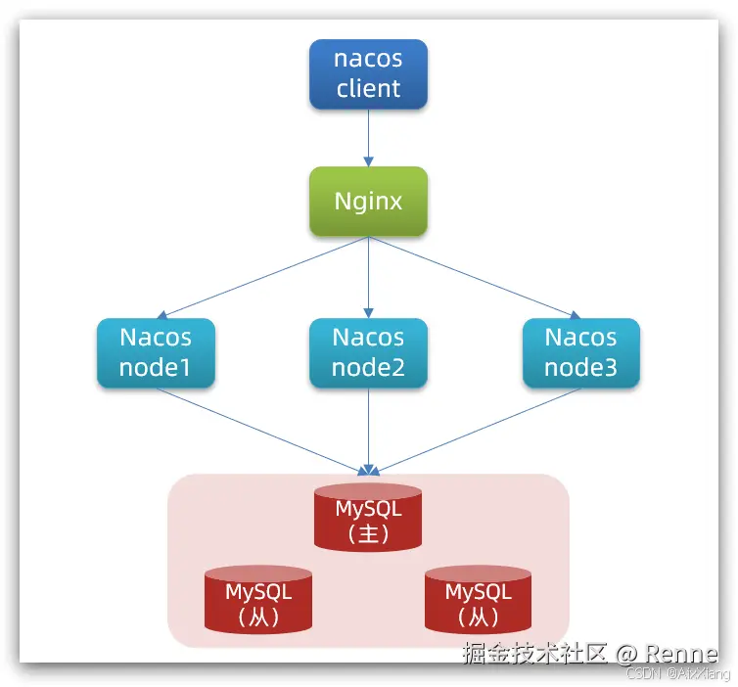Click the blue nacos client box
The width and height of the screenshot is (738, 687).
368,73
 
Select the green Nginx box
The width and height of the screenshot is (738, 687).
368,202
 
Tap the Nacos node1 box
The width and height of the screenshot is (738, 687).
156,352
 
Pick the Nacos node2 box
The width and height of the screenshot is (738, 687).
368,352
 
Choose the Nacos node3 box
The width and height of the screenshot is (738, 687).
580,352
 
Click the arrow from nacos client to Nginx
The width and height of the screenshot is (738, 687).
369,137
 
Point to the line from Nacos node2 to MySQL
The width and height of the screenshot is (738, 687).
369,429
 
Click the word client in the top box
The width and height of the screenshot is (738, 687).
368,89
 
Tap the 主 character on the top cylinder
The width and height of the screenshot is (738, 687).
369,534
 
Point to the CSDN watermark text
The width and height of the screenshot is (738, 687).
642,674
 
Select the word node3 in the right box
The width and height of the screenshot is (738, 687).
580,368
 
